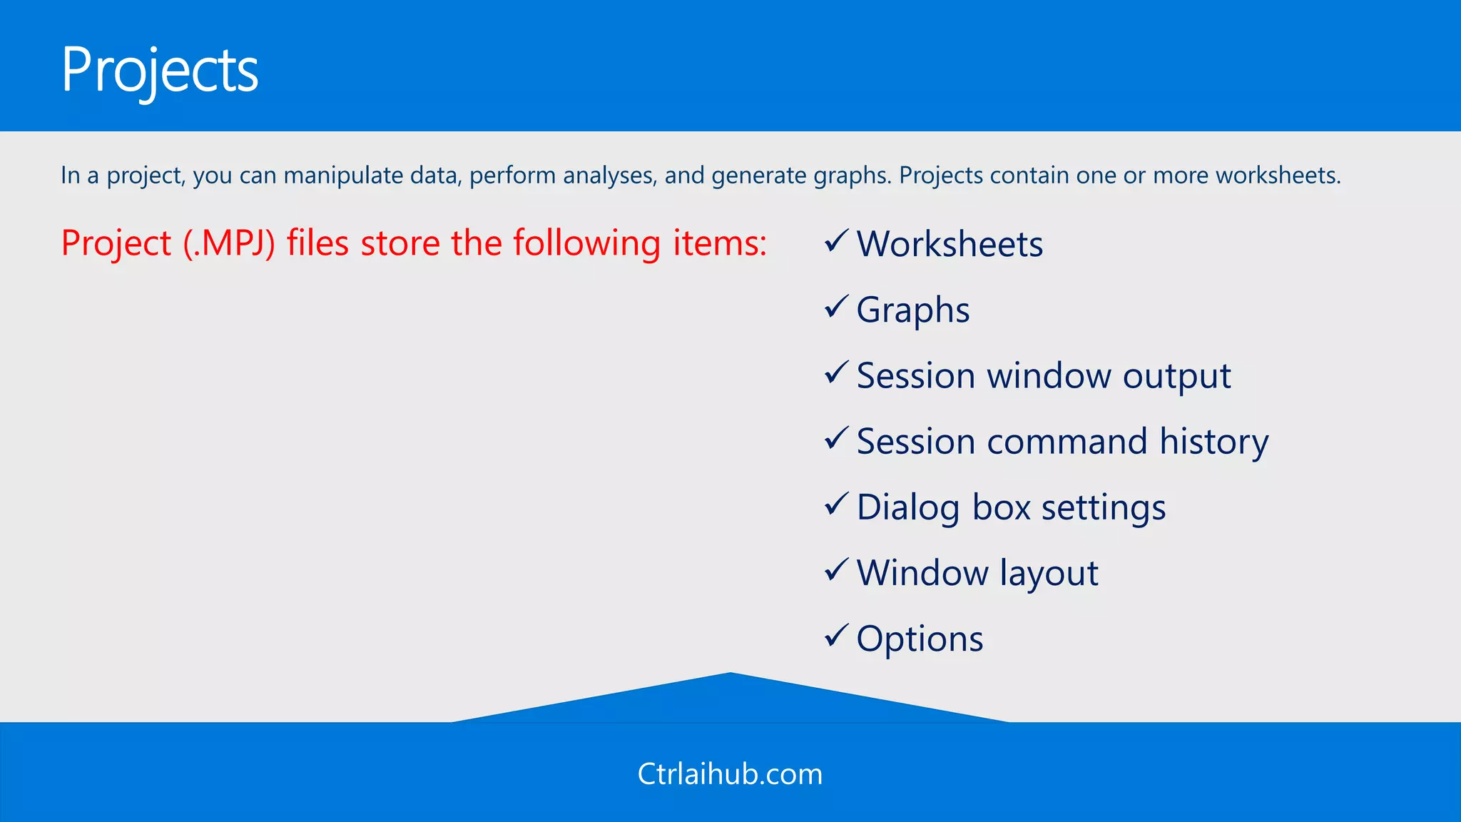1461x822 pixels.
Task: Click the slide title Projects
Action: (160, 70)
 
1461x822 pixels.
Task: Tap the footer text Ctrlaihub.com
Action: (730, 774)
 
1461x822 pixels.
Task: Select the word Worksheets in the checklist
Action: (950, 244)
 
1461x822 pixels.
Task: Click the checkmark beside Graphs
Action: (836, 308)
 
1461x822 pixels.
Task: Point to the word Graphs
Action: (912, 310)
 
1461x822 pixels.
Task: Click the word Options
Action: (920, 639)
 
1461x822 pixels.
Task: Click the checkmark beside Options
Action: (836, 636)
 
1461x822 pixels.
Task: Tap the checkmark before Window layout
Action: (836, 570)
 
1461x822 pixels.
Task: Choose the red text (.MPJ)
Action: (229, 243)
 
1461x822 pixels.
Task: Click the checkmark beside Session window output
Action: (836, 373)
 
